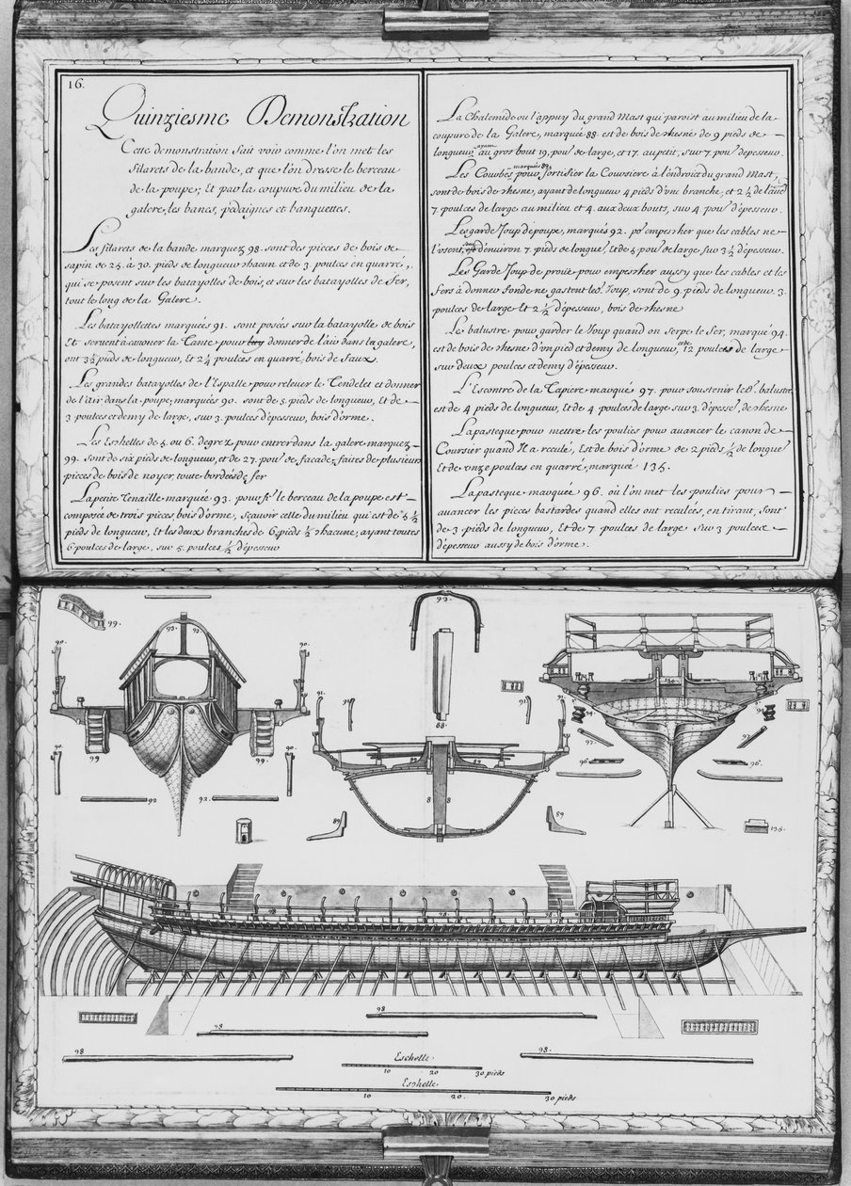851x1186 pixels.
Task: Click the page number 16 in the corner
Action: [75, 83]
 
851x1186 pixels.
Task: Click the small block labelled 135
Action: [754, 827]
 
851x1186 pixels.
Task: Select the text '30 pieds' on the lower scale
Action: [559, 1098]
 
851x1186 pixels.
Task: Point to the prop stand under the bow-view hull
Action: [671, 800]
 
